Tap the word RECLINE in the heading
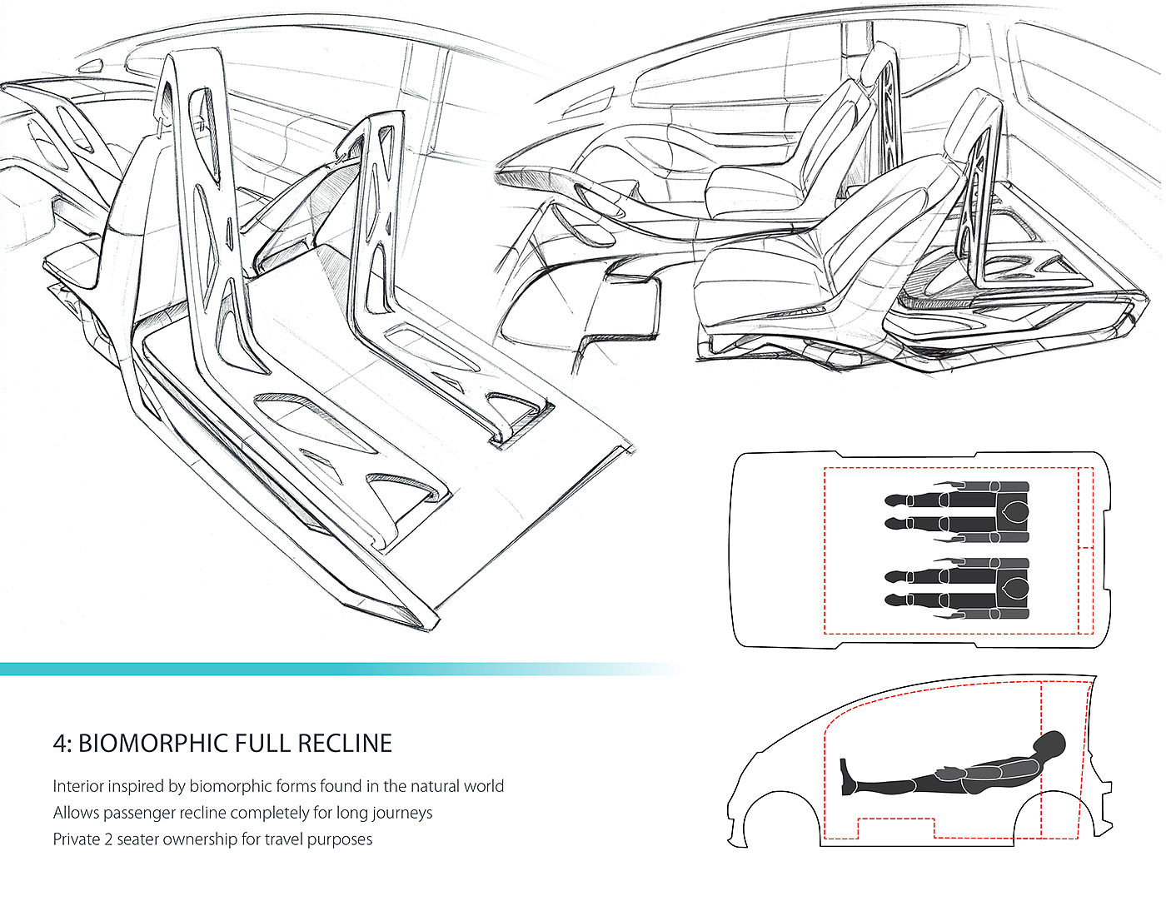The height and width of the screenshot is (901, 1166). [345, 744]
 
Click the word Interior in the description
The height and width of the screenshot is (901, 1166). [78, 786]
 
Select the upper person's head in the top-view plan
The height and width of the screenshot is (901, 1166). [1013, 512]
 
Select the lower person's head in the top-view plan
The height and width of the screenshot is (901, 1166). [1013, 588]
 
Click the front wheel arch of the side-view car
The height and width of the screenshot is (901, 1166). [780, 812]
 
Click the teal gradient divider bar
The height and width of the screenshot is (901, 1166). [250, 669]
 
